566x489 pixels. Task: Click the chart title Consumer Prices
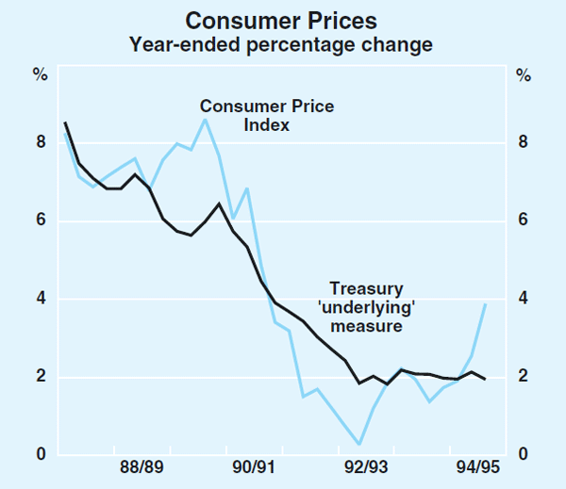point(282,20)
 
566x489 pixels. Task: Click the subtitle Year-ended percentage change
point(282,43)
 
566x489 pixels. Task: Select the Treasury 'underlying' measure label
point(366,307)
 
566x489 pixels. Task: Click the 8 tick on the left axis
point(41,143)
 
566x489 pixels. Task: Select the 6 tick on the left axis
point(41,221)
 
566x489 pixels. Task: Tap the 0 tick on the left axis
point(41,456)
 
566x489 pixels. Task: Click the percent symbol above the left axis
point(41,73)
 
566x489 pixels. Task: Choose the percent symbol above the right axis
point(521,73)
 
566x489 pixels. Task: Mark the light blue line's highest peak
point(205,119)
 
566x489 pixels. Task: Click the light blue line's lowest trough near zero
point(358,444)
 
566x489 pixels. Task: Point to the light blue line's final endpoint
point(485,303)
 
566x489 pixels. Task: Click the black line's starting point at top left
point(64,122)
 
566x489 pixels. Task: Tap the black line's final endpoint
point(485,379)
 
